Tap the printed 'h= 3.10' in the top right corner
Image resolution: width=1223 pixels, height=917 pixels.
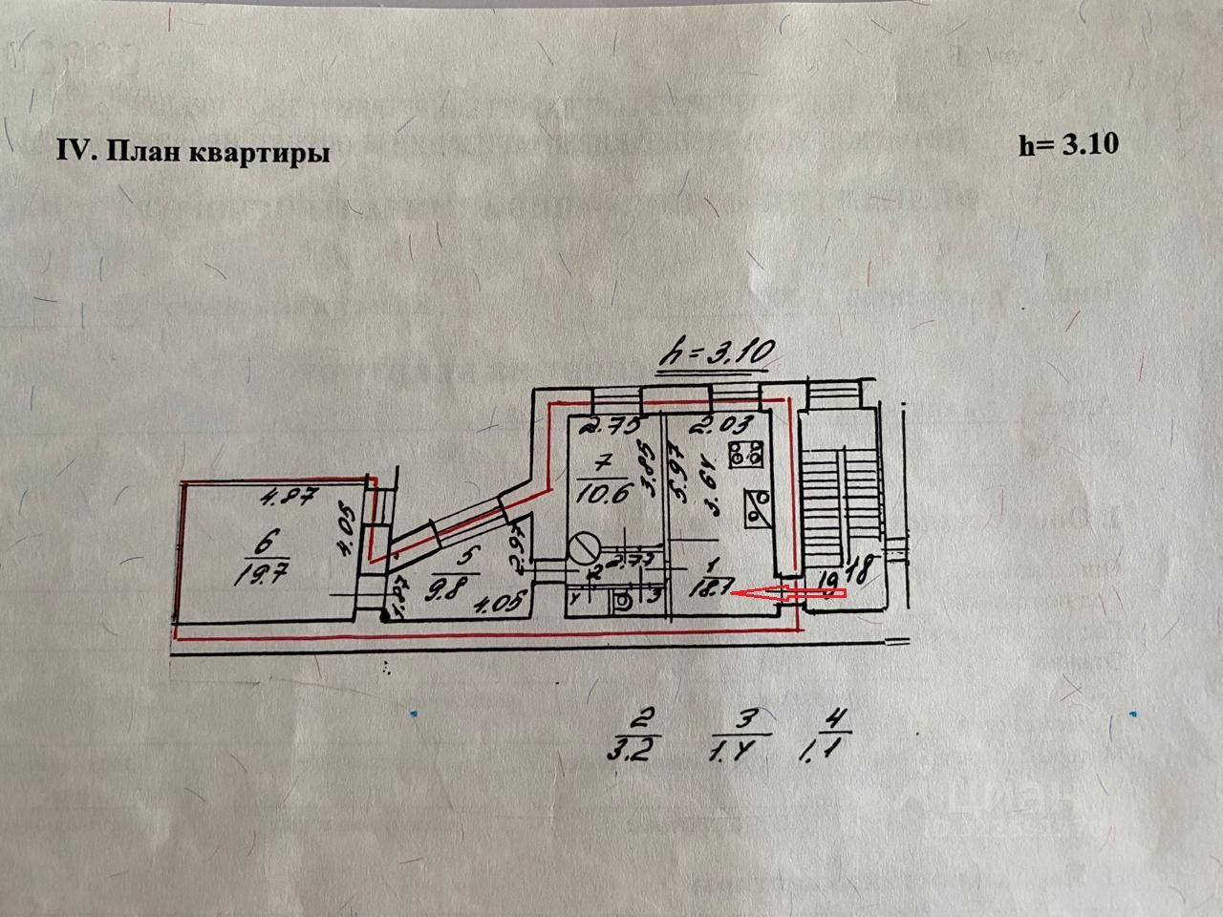pyautogui.click(x=1068, y=144)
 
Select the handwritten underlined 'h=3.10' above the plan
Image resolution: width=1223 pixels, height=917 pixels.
pyautogui.click(x=716, y=354)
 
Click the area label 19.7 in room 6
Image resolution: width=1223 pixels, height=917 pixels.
pyautogui.click(x=252, y=574)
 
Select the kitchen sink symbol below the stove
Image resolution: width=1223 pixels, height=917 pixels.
pyautogui.click(x=760, y=506)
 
